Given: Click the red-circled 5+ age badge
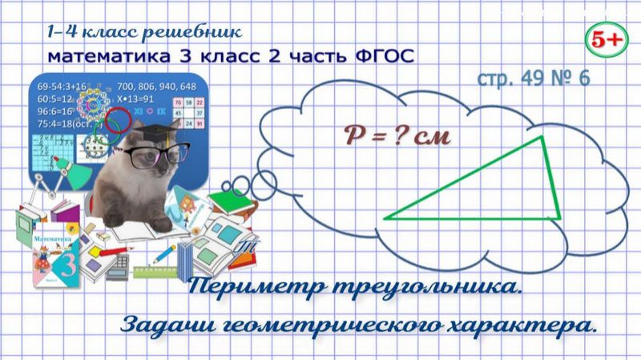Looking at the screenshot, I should [606, 38].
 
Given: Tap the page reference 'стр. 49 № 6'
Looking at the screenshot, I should [533, 79].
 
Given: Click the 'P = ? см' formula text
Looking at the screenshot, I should [387, 136].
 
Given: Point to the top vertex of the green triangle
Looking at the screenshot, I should [542, 138].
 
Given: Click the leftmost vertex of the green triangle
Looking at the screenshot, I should [386, 216].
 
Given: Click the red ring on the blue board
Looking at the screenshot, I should [117, 122].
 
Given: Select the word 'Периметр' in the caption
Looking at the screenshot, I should [256, 288].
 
